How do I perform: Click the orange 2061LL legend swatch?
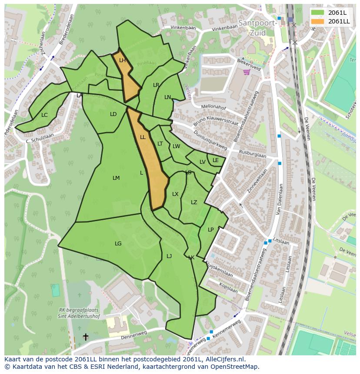pyautogui.click(x=318, y=21)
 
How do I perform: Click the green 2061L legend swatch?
pyautogui.click(x=318, y=13)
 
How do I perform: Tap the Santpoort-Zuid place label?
pyautogui.click(x=257, y=27)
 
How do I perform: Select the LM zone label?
pyautogui.click(x=116, y=178)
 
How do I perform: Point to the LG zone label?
pyautogui.click(x=118, y=244)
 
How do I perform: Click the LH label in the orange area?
pyautogui.click(x=122, y=60)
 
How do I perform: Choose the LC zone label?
pyautogui.click(x=44, y=115)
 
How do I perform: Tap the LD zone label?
pyautogui.click(x=113, y=114)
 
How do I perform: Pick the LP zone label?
pyautogui.click(x=211, y=230)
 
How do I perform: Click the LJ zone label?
pyautogui.click(x=169, y=256)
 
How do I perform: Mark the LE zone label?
pyautogui.click(x=216, y=160)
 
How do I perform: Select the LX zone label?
pyautogui.click(x=175, y=194)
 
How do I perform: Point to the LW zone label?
pyautogui.click(x=176, y=146)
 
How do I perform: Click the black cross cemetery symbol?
pyautogui.click(x=86, y=337)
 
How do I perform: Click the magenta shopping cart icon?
pyautogui.click(x=247, y=72)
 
